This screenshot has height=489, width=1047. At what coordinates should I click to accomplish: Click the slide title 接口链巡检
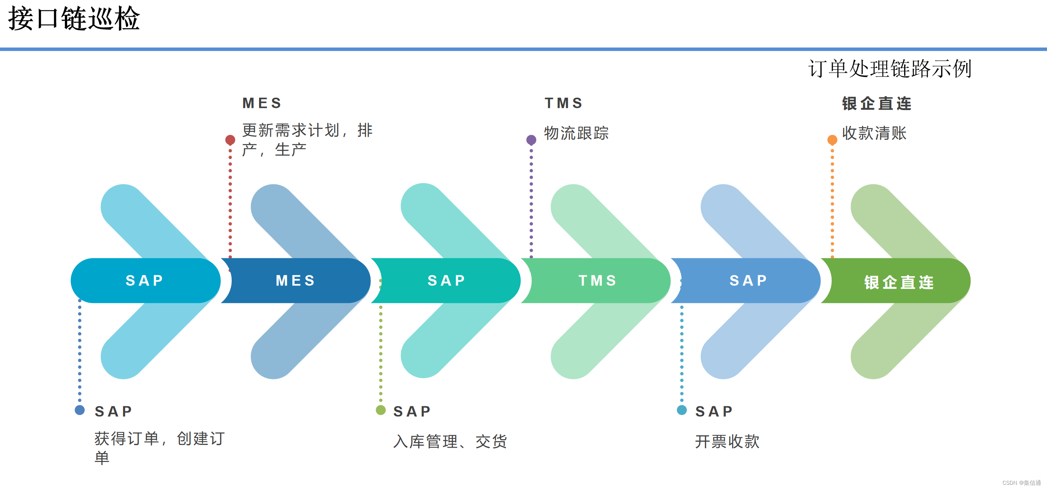pos(74,19)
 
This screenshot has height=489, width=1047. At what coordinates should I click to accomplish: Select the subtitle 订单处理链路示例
pos(889,68)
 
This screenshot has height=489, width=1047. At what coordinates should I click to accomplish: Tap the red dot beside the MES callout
pos(230,140)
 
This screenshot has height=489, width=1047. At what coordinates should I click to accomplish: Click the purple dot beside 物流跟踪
pos(531,140)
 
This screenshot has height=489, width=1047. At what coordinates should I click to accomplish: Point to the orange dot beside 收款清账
pos(832,140)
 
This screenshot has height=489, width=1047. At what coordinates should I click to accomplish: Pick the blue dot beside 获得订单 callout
pos(80,410)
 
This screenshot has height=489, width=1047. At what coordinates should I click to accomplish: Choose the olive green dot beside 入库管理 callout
pos(380,410)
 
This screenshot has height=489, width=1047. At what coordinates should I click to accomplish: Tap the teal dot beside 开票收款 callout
pos(682,410)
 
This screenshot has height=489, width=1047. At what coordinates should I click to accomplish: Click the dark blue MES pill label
pos(295,280)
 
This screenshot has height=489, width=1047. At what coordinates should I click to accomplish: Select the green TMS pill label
pos(598,280)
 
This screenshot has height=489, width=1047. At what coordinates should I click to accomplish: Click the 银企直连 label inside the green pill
pos(899,282)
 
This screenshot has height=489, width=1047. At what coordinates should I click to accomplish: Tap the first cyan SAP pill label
pos(145,280)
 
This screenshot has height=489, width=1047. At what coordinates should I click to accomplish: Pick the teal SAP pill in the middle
pos(446,280)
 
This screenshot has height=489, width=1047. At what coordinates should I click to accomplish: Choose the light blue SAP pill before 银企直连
pos(748,280)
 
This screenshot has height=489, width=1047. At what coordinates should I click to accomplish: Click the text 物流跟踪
pos(576,133)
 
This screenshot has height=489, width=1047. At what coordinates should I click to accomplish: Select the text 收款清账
pos(874,133)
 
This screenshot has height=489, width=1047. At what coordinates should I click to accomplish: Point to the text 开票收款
pos(727,441)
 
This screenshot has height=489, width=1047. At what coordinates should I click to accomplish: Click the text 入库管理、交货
pos(450,441)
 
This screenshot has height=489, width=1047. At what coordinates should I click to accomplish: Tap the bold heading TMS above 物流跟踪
pos(563,103)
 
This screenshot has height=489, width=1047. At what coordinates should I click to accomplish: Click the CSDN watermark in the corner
pos(1021,482)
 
